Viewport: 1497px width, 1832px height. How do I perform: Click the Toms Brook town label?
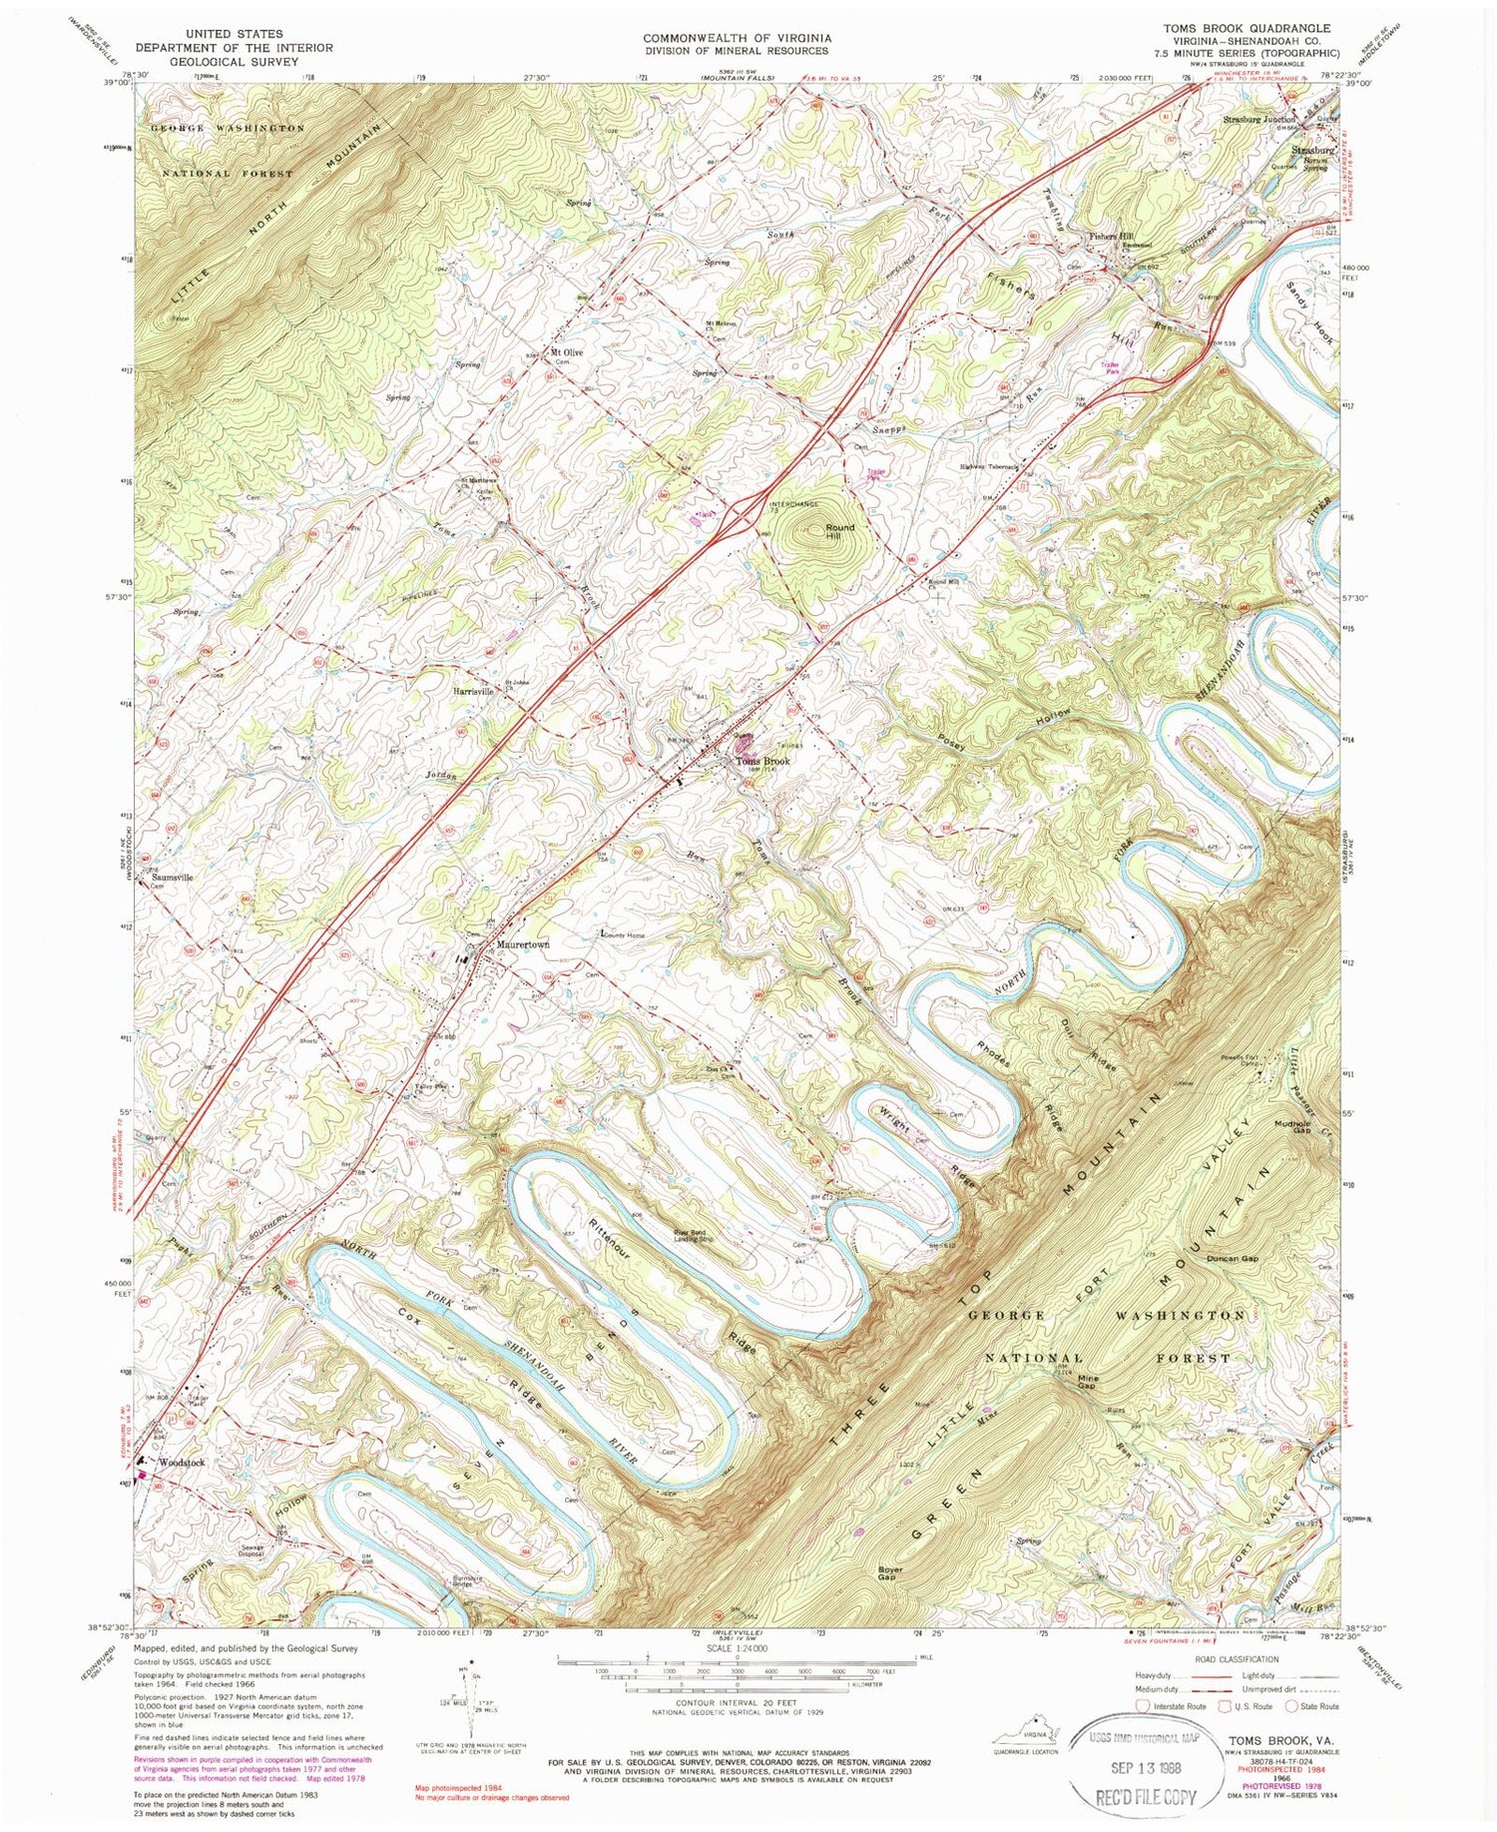pyautogui.click(x=762, y=761)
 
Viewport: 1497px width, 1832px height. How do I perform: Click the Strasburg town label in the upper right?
pyautogui.click(x=1312, y=152)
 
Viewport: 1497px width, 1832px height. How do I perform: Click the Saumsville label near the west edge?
pyautogui.click(x=171, y=877)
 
